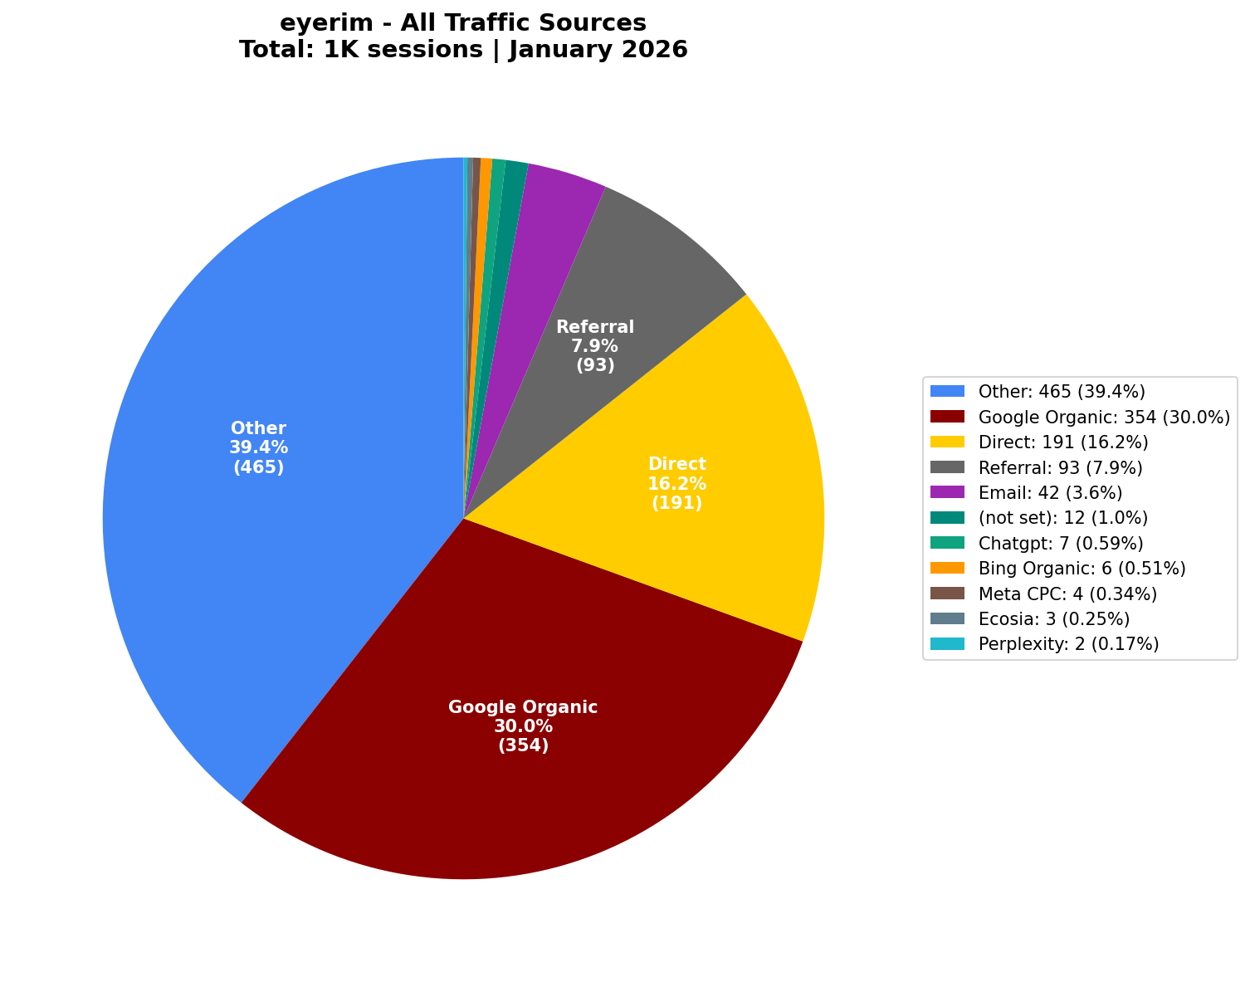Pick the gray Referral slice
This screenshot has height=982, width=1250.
click(631, 274)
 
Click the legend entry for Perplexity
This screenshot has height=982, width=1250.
click(1068, 643)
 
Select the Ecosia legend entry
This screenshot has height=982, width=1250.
click(1053, 618)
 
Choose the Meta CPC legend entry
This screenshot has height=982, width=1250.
click(1067, 594)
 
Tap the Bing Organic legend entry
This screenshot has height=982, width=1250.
click(1082, 568)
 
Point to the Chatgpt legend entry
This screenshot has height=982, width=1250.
click(1061, 543)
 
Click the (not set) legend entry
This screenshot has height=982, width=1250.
click(1062, 517)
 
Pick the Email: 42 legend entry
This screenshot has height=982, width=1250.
click(1050, 492)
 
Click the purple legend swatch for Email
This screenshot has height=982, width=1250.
click(947, 492)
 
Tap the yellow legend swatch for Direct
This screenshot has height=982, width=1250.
click(947, 442)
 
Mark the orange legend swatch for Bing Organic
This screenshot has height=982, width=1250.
click(947, 568)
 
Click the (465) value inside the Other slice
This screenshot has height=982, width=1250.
click(258, 467)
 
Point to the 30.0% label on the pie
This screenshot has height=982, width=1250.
click(523, 726)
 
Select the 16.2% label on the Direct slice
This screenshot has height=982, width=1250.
click(676, 483)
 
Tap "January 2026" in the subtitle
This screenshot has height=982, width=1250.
click(598, 50)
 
